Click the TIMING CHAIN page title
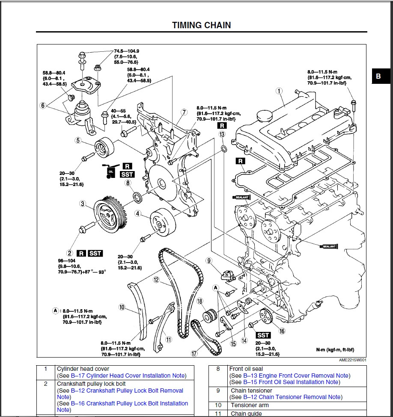pos(201,25)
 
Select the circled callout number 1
pos(279,91)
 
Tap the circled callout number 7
pos(184,112)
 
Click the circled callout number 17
pos(195,353)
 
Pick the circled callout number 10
pos(122,307)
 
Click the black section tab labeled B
pos(378,77)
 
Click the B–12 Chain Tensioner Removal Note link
pos(292,397)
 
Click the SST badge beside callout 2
pos(95,253)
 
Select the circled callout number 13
pos(222,134)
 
